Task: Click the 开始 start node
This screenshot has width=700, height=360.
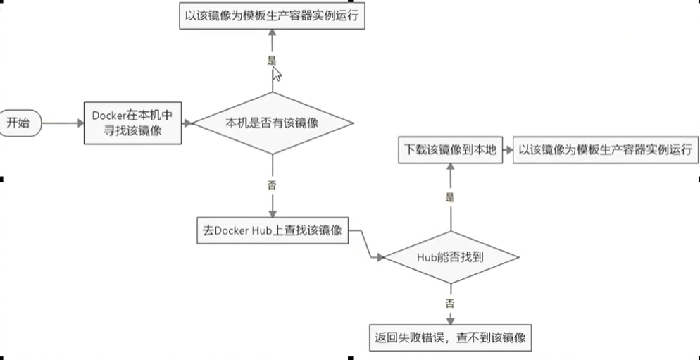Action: tap(19, 123)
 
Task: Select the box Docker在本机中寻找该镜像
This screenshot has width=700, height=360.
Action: tap(132, 123)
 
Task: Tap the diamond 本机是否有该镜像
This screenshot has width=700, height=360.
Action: tap(273, 123)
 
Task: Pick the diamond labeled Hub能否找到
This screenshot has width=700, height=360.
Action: tap(450, 258)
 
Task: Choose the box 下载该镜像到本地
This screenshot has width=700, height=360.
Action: tap(450, 151)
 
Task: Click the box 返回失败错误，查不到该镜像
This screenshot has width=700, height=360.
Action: tap(450, 336)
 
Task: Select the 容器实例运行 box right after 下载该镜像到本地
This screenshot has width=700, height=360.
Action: tap(605, 151)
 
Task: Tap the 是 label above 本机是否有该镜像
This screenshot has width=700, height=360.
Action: tap(273, 61)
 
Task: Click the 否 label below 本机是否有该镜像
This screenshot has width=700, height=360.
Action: tap(273, 185)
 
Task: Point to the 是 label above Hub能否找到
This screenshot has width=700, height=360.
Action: tap(450, 198)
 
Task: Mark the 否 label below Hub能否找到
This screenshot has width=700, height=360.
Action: tap(450, 303)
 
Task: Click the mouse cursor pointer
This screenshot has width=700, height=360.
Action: tap(277, 74)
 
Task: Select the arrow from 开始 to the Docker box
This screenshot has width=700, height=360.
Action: tap(62, 123)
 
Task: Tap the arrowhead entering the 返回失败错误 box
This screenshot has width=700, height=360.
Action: tap(450, 320)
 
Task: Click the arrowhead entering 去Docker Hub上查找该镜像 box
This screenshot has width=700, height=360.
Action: tap(273, 214)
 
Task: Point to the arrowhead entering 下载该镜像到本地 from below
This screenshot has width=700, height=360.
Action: tap(450, 166)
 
